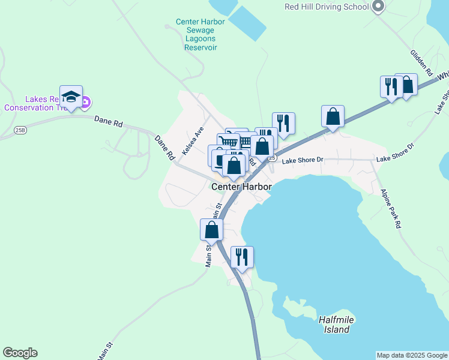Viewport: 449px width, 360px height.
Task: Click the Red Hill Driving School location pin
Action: click(378, 7)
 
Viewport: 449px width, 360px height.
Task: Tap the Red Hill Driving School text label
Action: click(326, 7)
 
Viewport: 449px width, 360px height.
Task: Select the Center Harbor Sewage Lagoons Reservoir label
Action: click(200, 34)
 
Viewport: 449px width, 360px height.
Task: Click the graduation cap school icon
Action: click(71, 97)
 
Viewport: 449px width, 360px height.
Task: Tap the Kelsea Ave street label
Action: click(194, 140)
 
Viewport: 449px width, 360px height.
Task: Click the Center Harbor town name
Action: click(241, 187)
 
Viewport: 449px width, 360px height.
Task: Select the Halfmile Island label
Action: click(334, 325)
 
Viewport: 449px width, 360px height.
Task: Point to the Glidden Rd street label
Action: click(421, 62)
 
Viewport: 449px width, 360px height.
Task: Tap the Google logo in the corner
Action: click(20, 353)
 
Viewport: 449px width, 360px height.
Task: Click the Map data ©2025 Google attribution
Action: click(412, 355)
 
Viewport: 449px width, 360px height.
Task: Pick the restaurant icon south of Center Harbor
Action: click(242, 257)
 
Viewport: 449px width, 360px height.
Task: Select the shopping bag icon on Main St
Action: click(211, 229)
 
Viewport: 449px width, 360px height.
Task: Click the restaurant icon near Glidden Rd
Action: click(390, 86)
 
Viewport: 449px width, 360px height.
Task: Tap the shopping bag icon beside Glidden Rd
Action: click(407, 85)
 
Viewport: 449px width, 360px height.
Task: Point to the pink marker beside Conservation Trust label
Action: click(86, 102)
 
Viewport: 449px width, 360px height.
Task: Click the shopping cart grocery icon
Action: click(228, 143)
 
